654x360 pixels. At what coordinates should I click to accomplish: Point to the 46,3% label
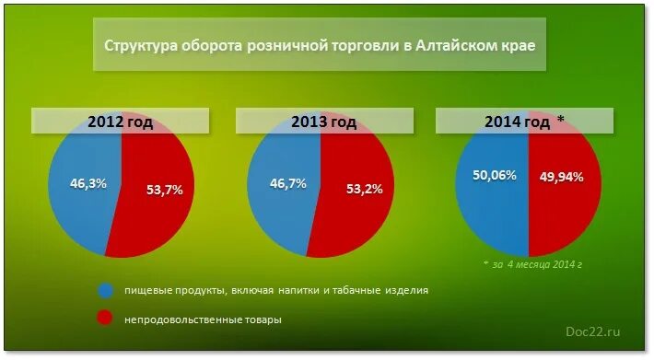[88, 183]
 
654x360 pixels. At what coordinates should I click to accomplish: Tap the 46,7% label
[288, 184]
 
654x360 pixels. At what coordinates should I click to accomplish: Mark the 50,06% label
[492, 176]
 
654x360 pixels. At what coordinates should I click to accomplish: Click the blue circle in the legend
[105, 291]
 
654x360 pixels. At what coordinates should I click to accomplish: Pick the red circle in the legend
[105, 319]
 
